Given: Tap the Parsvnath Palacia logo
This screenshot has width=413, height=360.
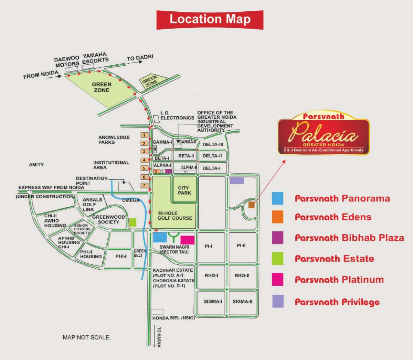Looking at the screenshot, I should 324,135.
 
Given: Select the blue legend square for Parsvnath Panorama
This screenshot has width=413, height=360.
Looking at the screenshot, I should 277,198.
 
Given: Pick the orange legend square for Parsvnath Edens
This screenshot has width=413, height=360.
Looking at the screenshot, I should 277,217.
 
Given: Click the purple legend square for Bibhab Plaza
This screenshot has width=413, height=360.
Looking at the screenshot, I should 277,238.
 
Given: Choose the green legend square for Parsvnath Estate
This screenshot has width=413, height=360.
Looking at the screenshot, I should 277,259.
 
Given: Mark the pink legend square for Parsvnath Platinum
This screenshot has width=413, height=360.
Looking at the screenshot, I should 277,280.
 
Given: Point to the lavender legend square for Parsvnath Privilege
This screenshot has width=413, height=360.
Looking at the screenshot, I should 277,301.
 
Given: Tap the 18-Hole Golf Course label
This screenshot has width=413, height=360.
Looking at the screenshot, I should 175,216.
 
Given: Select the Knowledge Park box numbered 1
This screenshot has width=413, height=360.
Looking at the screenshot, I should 144,135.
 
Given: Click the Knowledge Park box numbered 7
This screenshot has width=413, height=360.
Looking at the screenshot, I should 144,186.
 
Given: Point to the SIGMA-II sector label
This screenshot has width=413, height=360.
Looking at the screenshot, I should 242,302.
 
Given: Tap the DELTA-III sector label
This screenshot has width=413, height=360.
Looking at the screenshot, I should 213,144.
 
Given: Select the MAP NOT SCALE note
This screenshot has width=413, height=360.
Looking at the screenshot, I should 87,337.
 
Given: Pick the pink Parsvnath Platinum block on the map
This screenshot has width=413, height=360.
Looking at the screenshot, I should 187,240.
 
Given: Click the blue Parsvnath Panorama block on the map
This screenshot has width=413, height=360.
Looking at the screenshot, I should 160,237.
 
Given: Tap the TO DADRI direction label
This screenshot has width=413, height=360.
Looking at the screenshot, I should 140,58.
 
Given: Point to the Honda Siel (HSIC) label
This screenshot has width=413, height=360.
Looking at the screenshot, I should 173,318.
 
